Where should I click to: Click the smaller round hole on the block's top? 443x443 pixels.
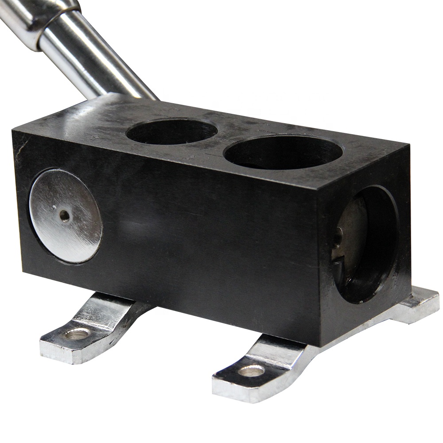172,131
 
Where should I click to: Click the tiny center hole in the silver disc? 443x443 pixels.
65,216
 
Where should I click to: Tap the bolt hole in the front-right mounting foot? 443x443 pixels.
251,370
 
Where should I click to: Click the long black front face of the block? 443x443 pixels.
199,230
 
